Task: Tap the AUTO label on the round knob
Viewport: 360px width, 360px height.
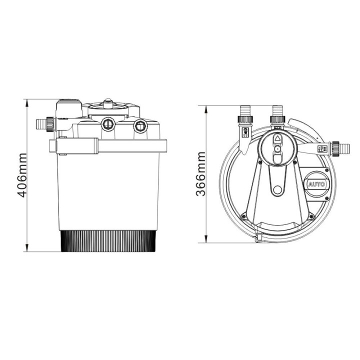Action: point(316,184)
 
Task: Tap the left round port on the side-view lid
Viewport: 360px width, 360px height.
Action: point(107,123)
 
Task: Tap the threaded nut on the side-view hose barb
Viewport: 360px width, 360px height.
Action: point(49,122)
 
